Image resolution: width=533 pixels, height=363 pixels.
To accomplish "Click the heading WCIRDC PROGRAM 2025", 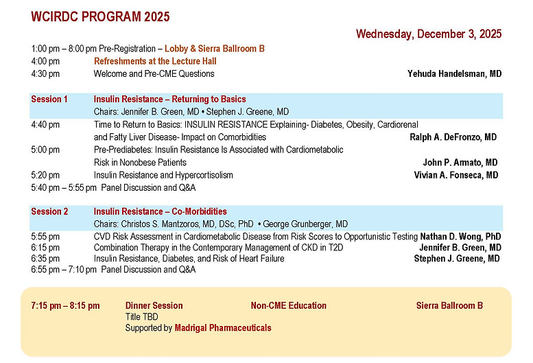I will coord(100,17).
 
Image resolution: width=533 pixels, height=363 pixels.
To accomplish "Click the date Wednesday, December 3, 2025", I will coord(428,34).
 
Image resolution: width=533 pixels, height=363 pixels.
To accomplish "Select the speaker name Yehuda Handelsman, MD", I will coord(455,73).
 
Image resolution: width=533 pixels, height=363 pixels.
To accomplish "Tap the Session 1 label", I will coord(49,99).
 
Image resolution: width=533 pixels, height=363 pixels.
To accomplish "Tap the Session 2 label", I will coord(49,211).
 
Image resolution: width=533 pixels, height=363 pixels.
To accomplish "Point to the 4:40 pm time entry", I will coord(45,125).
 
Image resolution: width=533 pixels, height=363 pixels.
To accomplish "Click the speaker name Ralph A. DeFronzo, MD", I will coord(453,137).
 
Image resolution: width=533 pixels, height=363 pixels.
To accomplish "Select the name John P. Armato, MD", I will coord(460,163).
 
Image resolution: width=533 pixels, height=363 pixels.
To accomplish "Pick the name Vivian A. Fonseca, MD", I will coord(455,175).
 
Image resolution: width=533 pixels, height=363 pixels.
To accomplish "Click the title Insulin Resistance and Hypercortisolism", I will coord(163,175).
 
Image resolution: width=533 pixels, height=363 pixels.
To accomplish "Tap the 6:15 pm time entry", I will coord(45,248).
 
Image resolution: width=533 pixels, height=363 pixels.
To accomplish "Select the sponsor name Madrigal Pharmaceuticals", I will coord(223,328).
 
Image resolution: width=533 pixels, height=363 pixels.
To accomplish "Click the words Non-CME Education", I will coord(288,305).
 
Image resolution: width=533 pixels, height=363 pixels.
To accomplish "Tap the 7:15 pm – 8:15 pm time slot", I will coord(65,305).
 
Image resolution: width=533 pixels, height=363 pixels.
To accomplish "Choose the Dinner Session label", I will coord(154,305).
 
